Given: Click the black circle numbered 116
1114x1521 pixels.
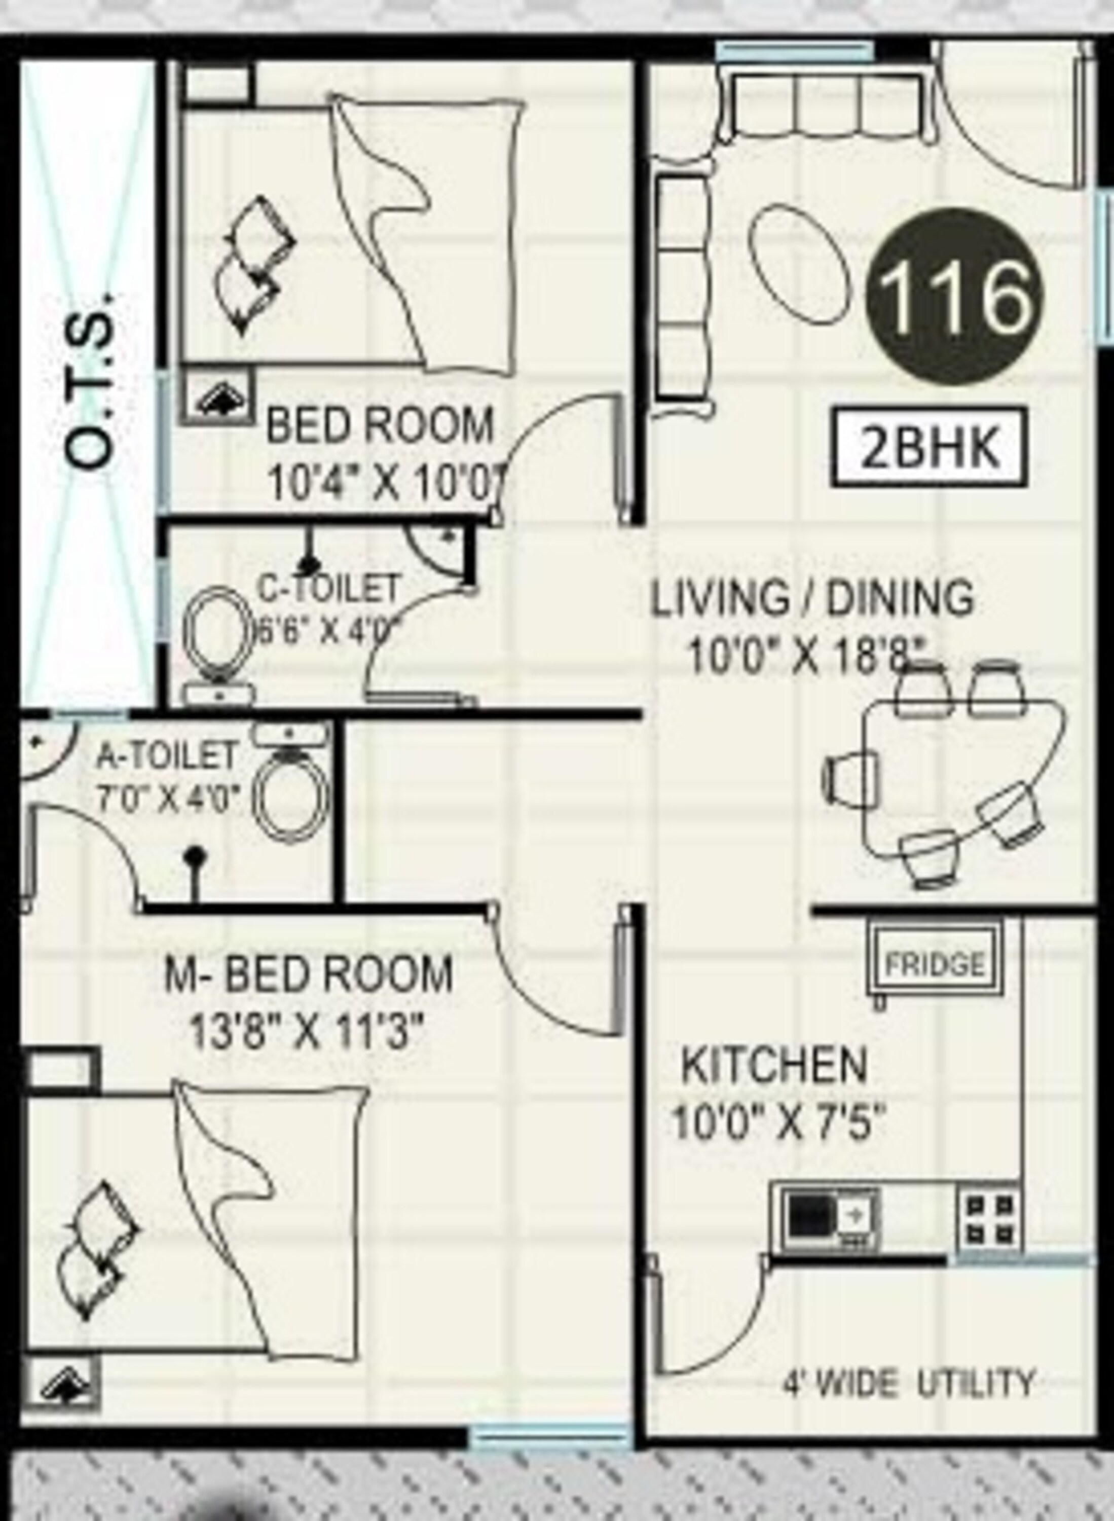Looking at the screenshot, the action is click(x=955, y=296).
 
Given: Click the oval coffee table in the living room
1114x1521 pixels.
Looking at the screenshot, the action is click(x=799, y=265).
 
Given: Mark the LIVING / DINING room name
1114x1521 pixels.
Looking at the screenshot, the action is click(x=812, y=598).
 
